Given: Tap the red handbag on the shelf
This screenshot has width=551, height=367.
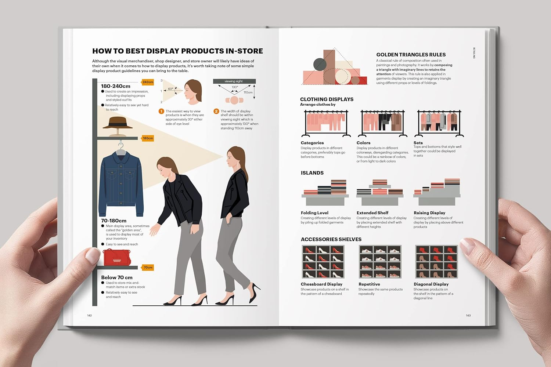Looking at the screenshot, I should point(116,257).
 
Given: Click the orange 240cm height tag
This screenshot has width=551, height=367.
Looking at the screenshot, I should point(148,82).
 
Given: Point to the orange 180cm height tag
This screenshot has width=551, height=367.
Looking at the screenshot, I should point(148,138).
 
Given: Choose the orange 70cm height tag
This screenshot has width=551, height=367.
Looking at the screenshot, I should point(148,268).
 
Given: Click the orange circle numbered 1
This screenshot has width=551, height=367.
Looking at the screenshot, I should point(161,111).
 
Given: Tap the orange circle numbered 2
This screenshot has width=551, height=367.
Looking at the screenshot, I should point(216,111).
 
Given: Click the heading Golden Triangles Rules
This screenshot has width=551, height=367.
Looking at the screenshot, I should point(411,55).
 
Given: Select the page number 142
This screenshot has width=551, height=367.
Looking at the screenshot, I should point(89,316).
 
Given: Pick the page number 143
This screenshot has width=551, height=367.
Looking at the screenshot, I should point(468,316).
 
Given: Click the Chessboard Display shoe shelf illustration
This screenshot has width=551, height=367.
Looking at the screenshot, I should point(323,262).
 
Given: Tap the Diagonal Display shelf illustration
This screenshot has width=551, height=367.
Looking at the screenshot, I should point(436,262).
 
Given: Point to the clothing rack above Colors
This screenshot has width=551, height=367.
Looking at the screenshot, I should point(382,123).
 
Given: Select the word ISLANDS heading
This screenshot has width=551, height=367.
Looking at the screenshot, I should point(312,173).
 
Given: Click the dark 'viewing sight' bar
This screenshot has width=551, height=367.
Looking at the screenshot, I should point(234,81).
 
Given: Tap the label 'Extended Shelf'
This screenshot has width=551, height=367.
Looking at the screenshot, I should point(372,213).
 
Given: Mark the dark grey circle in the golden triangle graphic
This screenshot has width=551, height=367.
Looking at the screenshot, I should point(320,65).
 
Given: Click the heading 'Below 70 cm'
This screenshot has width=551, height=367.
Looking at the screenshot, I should point(116,277).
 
